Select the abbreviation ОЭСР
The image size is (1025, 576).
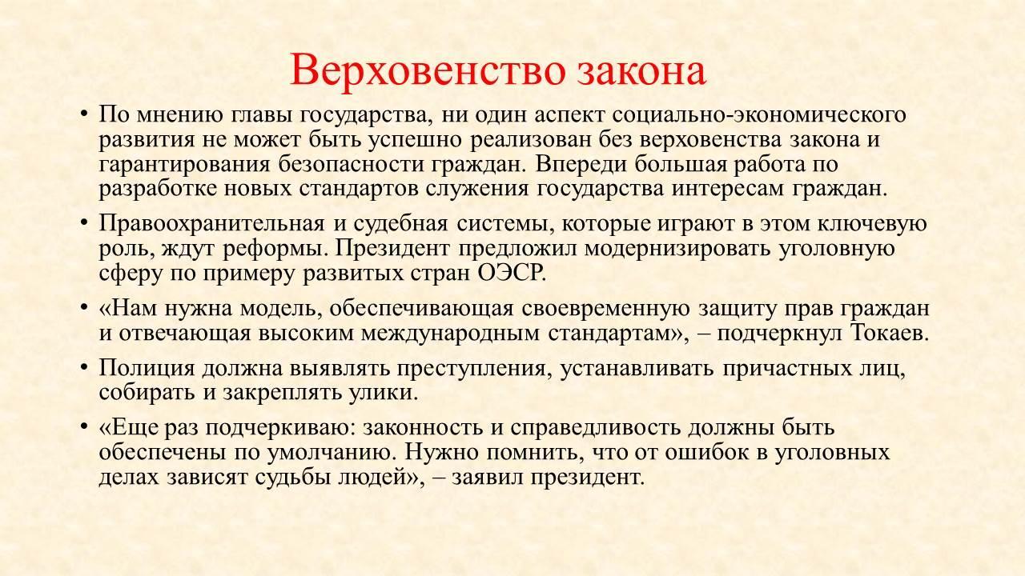[x=512, y=274]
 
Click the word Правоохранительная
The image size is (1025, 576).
[x=211, y=224]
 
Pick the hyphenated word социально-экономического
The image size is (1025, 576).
[x=758, y=115]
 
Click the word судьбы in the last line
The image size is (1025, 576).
[x=293, y=478]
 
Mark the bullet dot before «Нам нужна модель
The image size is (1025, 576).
[x=84, y=308]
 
